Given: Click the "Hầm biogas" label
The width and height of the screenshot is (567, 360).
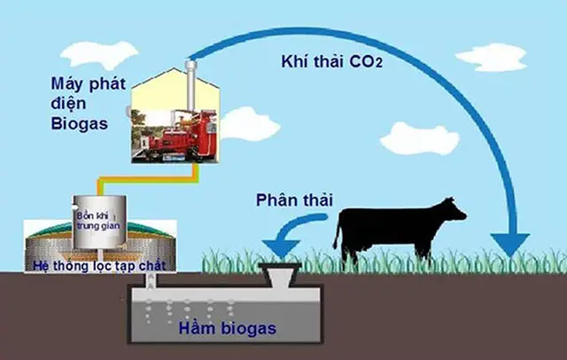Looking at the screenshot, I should click(225, 329).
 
